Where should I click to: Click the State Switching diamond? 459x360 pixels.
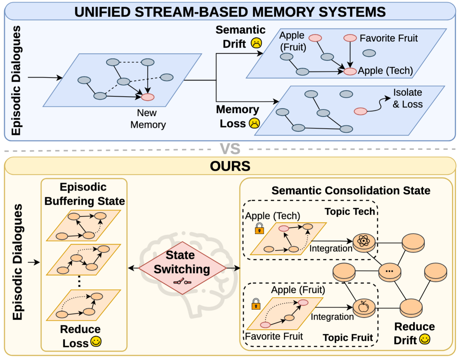coord(182,268)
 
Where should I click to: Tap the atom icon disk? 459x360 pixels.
coord(364,243)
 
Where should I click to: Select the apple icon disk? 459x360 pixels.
coord(364,308)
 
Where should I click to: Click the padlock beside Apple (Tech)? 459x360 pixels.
coord(259,228)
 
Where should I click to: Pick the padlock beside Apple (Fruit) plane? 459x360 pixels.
coord(256,304)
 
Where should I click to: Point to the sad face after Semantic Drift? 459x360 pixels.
coord(256,43)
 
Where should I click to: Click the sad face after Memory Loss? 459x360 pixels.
coord(254,123)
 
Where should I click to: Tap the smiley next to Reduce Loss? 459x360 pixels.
coord(96,342)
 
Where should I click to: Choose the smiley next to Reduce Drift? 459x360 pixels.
coord(425,339)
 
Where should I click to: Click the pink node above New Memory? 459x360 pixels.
coord(147,97)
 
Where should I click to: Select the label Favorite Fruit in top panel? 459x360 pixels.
coord(388,38)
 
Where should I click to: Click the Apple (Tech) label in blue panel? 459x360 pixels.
coord(385,71)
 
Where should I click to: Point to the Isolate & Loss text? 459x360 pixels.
coord(407,98)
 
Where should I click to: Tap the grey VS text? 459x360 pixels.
coord(230,149)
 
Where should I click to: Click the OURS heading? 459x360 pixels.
coord(230,166)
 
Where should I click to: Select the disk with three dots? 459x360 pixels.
coord(389,272)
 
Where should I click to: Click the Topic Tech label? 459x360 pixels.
coord(350,211)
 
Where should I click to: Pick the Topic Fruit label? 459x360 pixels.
coord(348,338)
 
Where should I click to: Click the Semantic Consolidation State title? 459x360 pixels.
coord(351,191)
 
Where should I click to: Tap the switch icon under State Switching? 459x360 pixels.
coord(182,281)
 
